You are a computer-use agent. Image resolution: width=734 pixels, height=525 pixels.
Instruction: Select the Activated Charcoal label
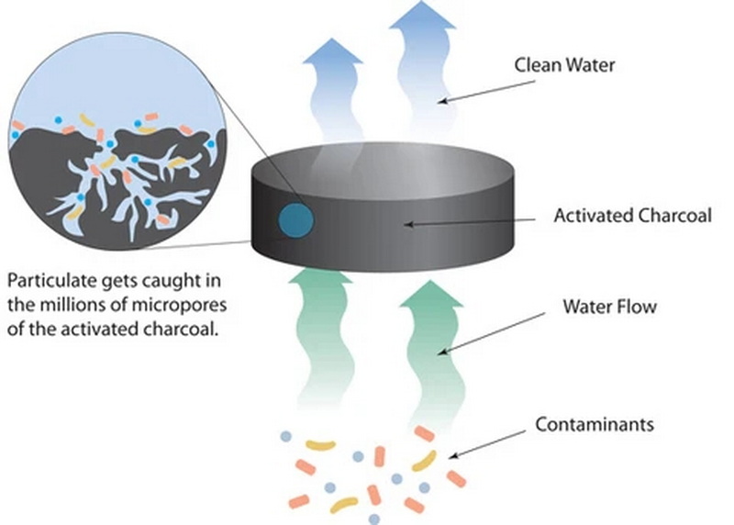click(616, 217)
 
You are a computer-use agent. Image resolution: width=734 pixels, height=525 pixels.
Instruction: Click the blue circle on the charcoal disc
click(296, 221)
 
